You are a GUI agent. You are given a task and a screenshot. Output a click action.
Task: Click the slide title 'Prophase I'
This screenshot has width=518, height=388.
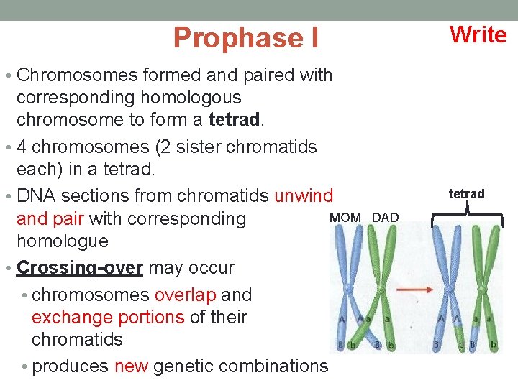click(x=245, y=37)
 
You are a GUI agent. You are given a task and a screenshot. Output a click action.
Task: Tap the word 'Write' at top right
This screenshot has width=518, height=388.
click(x=478, y=34)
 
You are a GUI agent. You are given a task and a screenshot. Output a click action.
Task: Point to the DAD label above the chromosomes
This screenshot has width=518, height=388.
click(x=385, y=217)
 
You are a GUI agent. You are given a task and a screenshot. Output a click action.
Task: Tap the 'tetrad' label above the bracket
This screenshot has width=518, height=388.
click(x=466, y=193)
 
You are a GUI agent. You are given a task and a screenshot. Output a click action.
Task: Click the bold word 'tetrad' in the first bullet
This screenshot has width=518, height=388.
click(x=235, y=119)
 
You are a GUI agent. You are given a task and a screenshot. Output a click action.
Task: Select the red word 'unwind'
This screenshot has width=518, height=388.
click(x=304, y=195)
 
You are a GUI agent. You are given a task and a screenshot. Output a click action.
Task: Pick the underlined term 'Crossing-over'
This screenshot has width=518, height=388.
click(x=79, y=267)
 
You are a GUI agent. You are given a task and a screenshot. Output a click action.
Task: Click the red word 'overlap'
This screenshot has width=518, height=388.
click(x=185, y=295)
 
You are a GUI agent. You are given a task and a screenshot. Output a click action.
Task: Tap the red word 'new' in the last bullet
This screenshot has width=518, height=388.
click(x=131, y=366)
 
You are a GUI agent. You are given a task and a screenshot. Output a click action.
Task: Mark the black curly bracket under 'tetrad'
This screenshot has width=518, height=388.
click(x=467, y=213)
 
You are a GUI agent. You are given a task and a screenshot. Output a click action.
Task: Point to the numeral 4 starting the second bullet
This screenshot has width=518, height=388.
click(x=22, y=147)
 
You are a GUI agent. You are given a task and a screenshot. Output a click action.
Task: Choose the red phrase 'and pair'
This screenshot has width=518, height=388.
click(x=50, y=218)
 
